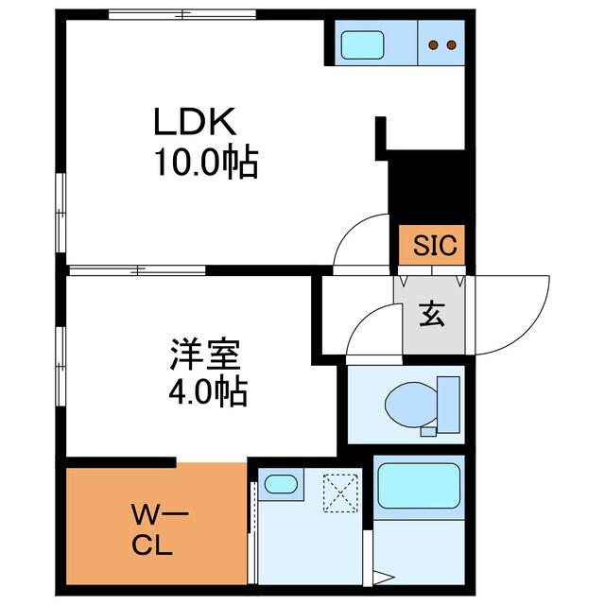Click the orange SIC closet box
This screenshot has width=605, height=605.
(x=431, y=245)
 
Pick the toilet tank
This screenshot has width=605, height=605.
(x=447, y=402)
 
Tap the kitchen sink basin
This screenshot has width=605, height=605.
(x=360, y=43)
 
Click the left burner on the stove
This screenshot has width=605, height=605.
(x=433, y=43)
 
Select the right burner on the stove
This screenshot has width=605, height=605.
(x=451, y=43)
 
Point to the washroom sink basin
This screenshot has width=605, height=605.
(x=280, y=484)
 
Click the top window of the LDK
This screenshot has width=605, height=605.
(x=181, y=14)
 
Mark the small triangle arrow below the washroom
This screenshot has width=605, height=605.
(x=383, y=576)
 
